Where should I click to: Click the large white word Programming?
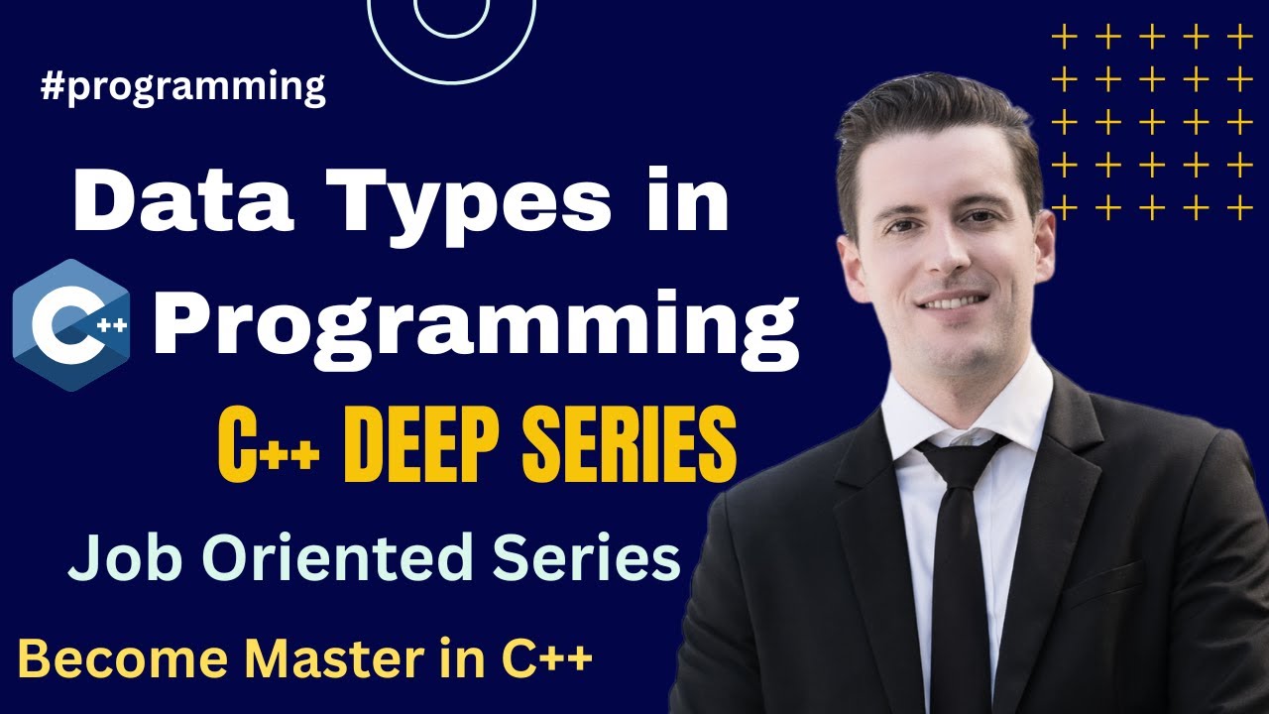(x=475, y=322)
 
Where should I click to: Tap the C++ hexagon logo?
(x=71, y=324)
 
